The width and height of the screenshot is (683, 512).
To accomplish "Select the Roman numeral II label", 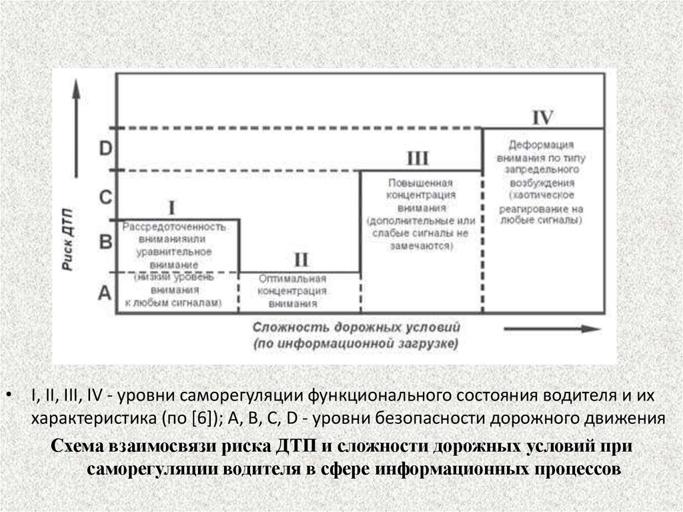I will (301, 259).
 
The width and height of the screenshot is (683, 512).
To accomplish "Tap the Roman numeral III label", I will (418, 159).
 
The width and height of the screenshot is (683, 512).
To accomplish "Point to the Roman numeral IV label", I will (543, 117).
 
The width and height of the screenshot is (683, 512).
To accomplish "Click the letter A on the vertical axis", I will (104, 291).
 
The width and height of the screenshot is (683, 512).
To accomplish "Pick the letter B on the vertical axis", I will (105, 241).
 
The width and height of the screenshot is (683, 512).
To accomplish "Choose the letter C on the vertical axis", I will (105, 198).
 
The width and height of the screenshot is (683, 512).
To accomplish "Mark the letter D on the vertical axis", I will (105, 148).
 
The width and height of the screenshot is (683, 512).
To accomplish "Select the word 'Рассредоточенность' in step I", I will (173, 228).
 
